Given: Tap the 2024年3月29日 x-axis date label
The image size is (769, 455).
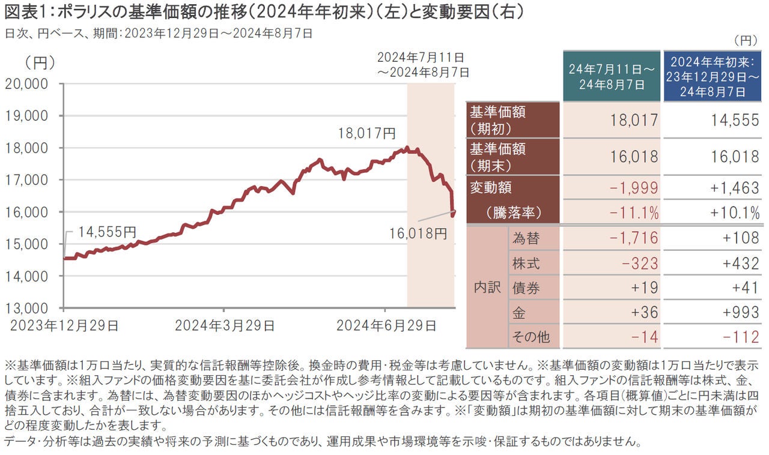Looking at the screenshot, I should tap(225, 326).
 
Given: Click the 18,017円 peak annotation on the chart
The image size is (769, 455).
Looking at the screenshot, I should tap(367, 133).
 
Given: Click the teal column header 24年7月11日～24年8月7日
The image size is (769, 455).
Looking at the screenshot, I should tap(610, 76).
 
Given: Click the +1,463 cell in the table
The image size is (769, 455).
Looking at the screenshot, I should tap(734, 188).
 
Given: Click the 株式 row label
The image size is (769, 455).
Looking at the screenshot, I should tap(526, 263).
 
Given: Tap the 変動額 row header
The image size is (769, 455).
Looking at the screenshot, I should tap(490, 187).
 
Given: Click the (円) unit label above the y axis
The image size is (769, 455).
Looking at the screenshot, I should tap(40, 61).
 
